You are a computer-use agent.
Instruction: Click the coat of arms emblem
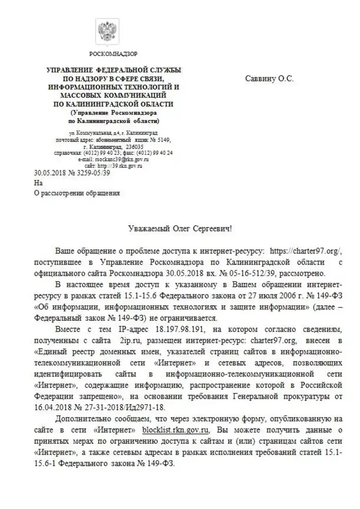106,31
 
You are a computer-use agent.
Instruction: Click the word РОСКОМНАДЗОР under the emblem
113,53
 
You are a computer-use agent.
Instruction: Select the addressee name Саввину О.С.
269,78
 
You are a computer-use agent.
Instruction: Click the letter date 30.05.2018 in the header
49,173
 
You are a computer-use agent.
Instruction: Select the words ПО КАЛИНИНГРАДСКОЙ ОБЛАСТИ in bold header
113,104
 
